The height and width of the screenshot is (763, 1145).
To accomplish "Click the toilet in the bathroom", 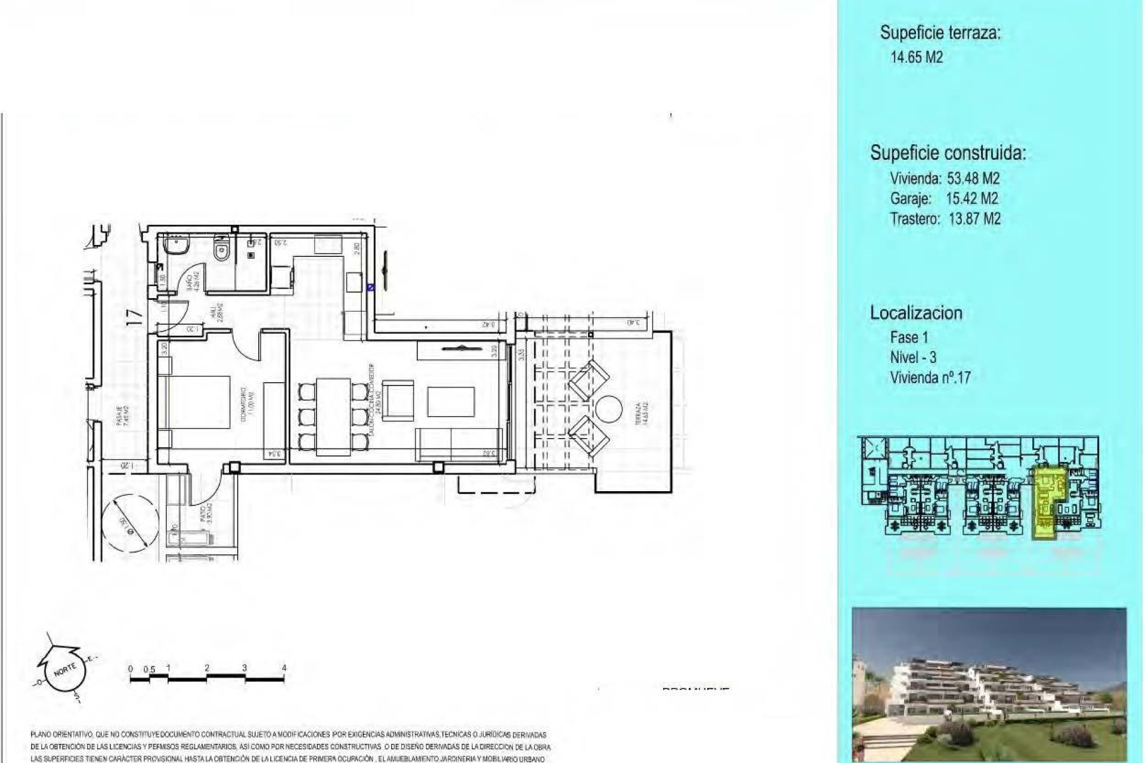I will (x=222, y=247).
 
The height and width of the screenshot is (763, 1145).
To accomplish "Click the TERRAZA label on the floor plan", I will (x=638, y=413).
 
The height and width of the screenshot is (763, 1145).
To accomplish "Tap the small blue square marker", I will (x=370, y=287).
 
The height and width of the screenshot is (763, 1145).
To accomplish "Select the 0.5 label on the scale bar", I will (x=149, y=669).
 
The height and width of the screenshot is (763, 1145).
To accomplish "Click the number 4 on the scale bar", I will (x=284, y=668).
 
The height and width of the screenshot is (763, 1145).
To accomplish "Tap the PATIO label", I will (x=204, y=514).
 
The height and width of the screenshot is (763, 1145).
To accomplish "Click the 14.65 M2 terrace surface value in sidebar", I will (x=917, y=58).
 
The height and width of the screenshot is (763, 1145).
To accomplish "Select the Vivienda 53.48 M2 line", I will (x=944, y=178).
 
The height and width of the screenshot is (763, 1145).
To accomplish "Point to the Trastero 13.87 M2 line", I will (x=945, y=219).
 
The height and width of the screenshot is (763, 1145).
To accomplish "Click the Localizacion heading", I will (x=916, y=313).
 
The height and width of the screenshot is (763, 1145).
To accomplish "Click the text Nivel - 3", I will (x=913, y=357).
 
